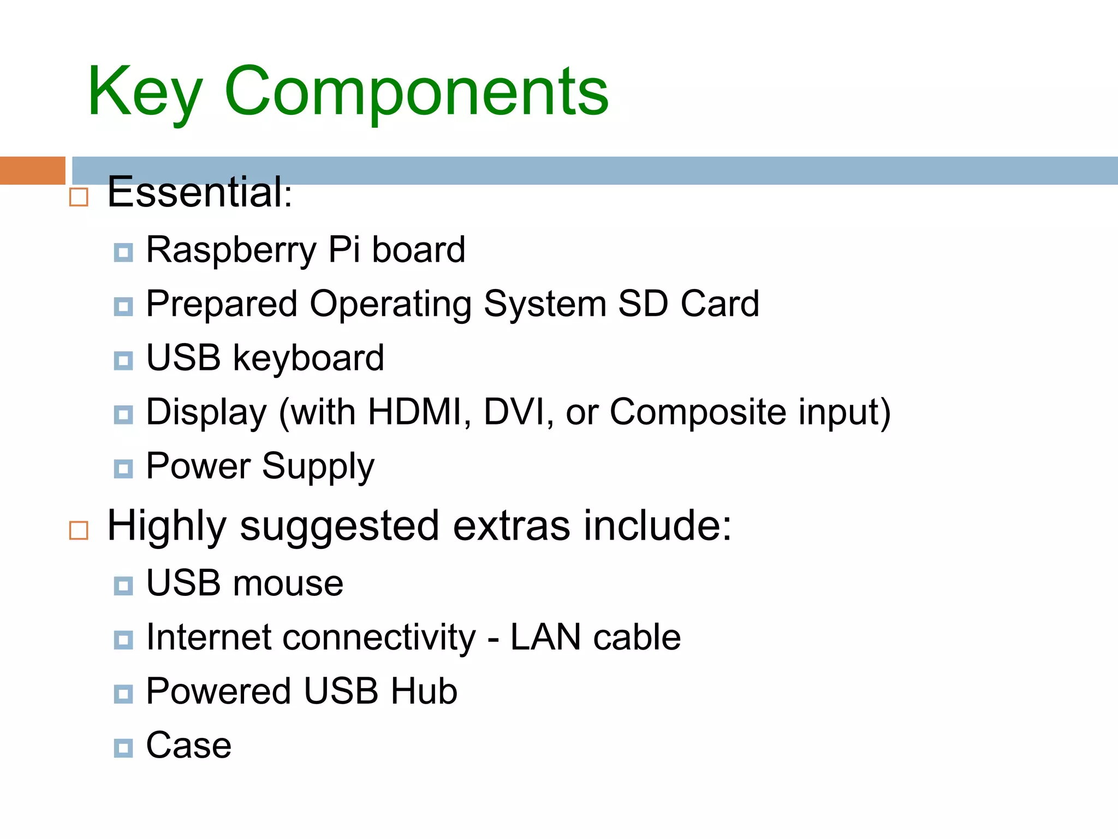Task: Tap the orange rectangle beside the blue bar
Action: [32, 170]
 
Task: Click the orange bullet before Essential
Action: [79, 197]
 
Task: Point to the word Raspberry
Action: [231, 250]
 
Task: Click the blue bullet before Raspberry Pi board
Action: [123, 252]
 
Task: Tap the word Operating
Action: [390, 304]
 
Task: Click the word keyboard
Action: [308, 358]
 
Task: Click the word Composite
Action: [698, 412]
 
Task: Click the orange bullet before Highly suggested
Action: [79, 530]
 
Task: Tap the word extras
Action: [512, 526]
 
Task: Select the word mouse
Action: [288, 583]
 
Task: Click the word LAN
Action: [545, 637]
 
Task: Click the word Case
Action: [189, 746]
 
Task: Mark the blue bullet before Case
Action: [123, 748]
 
